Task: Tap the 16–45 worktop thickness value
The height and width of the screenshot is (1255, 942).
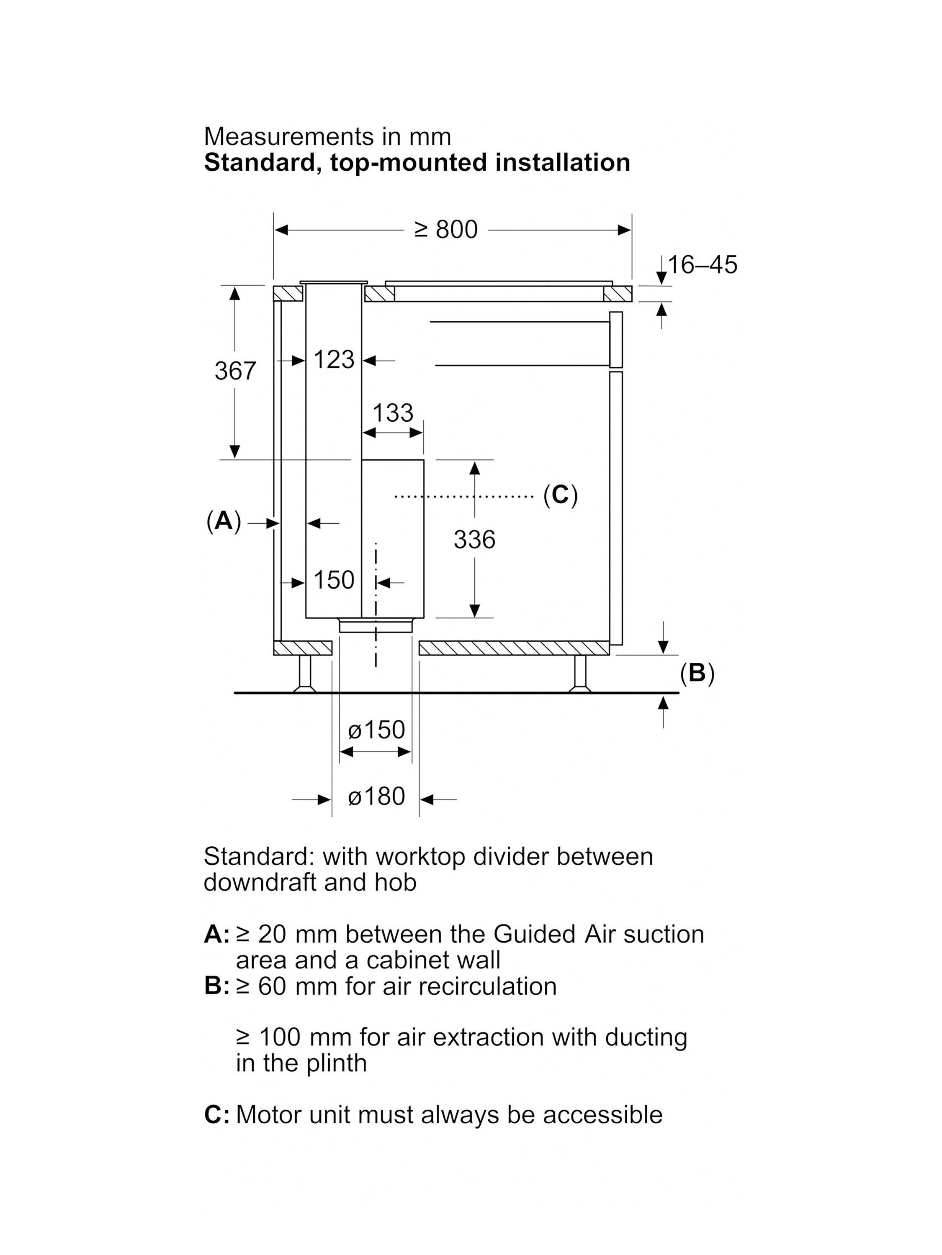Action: click(x=703, y=264)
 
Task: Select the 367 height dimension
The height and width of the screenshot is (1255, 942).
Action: click(x=235, y=371)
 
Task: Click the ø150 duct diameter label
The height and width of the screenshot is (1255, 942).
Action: click(x=376, y=730)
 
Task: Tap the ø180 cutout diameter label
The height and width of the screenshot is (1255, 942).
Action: click(x=376, y=797)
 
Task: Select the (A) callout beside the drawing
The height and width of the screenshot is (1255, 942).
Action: click(x=224, y=521)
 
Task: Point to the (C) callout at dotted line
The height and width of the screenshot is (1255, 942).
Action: click(x=561, y=495)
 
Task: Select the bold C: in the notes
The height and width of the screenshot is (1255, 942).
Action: click(x=217, y=1115)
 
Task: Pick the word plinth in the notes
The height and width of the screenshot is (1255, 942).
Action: click(x=336, y=1064)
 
